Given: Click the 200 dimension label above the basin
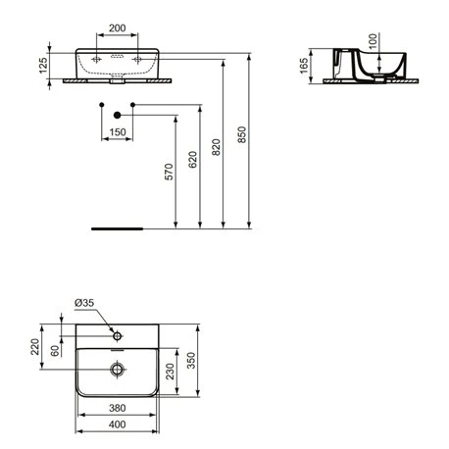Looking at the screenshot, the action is [x=118, y=28].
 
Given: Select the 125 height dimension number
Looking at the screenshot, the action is [x=43, y=66].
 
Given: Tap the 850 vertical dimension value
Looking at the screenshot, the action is [x=242, y=134].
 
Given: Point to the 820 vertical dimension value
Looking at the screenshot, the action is [x=216, y=147].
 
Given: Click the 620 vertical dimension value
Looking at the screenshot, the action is [x=193, y=160].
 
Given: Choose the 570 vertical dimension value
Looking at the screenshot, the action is [x=169, y=172].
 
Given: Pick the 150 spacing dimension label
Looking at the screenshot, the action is [x=118, y=132].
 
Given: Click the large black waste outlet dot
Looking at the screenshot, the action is [x=118, y=115].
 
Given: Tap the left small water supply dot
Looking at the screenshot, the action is [x=102, y=105].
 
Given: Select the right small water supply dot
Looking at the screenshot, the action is [x=132, y=105].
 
